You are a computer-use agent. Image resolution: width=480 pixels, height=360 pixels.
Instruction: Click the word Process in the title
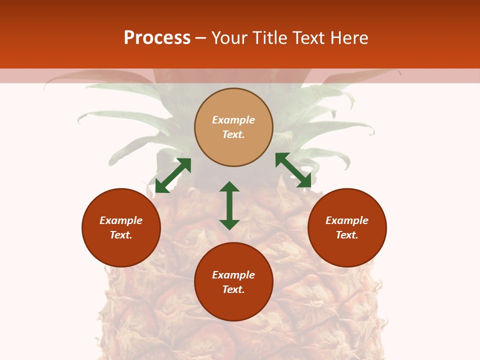[x=157, y=38]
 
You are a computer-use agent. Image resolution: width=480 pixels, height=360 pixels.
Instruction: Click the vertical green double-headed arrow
[x=229, y=205]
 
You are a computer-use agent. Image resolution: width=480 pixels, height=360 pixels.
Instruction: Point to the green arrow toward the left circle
[x=173, y=175]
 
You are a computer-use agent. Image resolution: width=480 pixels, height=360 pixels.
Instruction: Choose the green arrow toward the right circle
[x=293, y=170]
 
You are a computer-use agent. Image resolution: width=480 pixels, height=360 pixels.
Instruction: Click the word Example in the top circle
[x=233, y=120]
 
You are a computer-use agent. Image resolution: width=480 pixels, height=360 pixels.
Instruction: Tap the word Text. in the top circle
[x=233, y=134]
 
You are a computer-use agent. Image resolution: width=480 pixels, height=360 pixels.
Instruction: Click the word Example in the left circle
[x=121, y=220]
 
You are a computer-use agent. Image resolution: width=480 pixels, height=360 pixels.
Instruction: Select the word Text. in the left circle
[x=121, y=235]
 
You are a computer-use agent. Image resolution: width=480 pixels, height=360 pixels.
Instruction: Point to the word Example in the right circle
[x=347, y=220]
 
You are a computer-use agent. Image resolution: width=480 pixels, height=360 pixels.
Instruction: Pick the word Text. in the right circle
[x=347, y=235]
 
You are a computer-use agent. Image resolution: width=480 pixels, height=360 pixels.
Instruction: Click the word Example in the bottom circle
[x=233, y=275]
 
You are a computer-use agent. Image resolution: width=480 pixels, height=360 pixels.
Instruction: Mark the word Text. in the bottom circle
[x=233, y=289]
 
